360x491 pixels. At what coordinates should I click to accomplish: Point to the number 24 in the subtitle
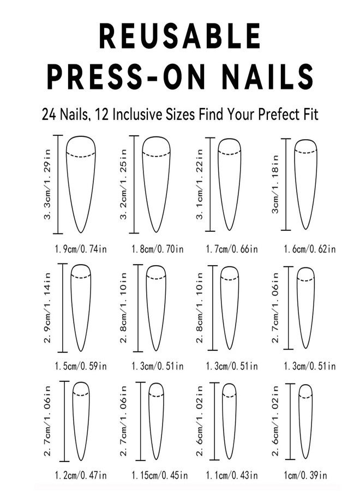[x=49, y=115]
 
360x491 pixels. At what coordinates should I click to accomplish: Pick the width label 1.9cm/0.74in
[x=81, y=249]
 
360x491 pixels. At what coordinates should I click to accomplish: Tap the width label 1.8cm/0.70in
[x=158, y=249]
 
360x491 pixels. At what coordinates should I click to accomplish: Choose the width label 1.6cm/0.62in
[x=310, y=249]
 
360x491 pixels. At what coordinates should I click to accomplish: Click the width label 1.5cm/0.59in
[x=81, y=366]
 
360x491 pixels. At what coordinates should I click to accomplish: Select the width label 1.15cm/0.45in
[x=160, y=475]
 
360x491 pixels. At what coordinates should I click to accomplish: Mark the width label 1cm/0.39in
[x=305, y=475]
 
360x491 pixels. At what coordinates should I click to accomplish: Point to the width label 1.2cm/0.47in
[x=81, y=475]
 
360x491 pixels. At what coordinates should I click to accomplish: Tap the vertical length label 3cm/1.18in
[x=275, y=184]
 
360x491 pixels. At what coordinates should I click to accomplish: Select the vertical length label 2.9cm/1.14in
[x=47, y=308]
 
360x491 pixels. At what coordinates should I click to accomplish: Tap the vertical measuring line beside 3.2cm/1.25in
[x=134, y=184]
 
